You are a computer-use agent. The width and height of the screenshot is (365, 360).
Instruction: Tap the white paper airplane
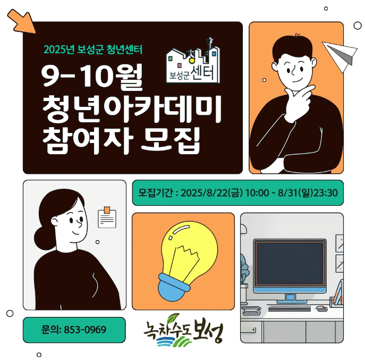pos(340,55)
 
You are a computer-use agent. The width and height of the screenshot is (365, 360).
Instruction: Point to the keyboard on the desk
pos(290,309)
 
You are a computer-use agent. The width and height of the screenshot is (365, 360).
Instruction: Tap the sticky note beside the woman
pos(107,217)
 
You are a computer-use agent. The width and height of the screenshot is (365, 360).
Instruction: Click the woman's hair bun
pos(45,239)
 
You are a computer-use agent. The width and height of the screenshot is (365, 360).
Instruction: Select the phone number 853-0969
pos(85,330)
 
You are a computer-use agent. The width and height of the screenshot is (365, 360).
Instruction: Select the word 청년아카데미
pos(132,109)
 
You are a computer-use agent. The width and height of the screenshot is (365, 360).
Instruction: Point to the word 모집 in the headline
pos(171,140)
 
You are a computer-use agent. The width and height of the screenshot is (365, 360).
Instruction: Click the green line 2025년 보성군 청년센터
pos(92,49)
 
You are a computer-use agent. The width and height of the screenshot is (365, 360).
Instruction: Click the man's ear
pos(275,66)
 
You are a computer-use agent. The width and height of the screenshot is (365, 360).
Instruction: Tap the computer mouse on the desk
pos(322,309)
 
